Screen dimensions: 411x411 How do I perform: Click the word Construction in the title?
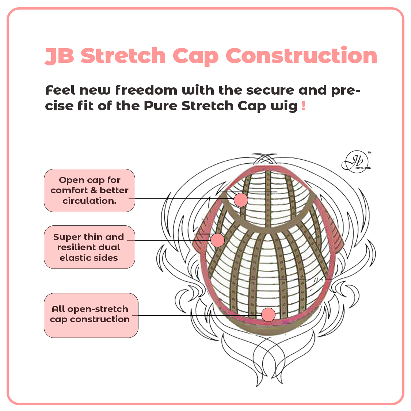[x=301, y=56]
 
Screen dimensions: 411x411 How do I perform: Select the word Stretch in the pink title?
[x=123, y=56]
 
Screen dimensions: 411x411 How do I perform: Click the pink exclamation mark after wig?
[x=304, y=106]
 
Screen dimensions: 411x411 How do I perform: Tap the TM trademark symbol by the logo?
[x=369, y=153]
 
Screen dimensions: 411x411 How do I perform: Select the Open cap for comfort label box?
[x=90, y=190]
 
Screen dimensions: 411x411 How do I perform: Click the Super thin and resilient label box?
[x=90, y=247]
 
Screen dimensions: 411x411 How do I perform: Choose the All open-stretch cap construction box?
[x=91, y=315]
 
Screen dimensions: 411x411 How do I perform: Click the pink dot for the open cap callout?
[x=241, y=200]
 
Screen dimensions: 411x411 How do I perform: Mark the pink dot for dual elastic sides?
[x=217, y=240]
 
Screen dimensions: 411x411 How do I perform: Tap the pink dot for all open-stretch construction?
[x=268, y=315]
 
